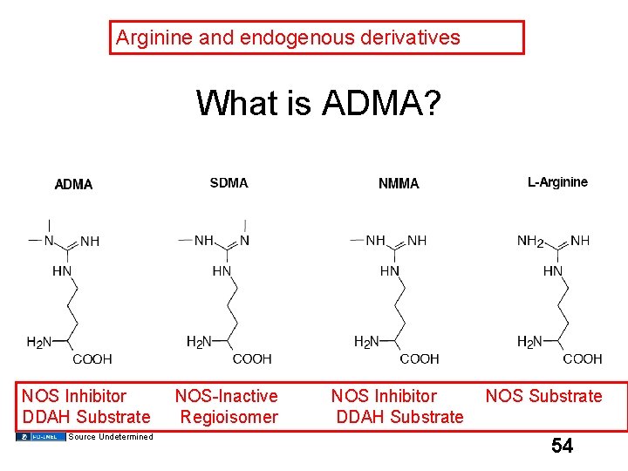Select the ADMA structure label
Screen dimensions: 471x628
(73, 184)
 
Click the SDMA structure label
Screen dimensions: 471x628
(229, 183)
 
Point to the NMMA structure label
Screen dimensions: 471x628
(399, 184)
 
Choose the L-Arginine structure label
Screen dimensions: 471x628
(557, 182)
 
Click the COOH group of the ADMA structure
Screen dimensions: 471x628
(92, 358)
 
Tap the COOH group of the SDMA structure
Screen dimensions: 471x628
(252, 358)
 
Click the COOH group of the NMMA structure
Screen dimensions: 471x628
(419, 358)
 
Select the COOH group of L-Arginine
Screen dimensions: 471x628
(582, 358)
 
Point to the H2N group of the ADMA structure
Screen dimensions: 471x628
(39, 342)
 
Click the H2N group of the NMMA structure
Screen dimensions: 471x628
(366, 342)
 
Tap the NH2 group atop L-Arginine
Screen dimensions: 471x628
(530, 241)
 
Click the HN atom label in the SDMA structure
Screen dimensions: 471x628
(222, 271)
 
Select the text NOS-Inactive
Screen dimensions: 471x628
(227, 397)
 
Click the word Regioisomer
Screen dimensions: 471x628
(229, 417)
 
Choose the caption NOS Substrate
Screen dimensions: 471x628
(543, 397)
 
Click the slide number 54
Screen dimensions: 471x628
(563, 447)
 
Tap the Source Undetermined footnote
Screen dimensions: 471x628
(110, 437)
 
